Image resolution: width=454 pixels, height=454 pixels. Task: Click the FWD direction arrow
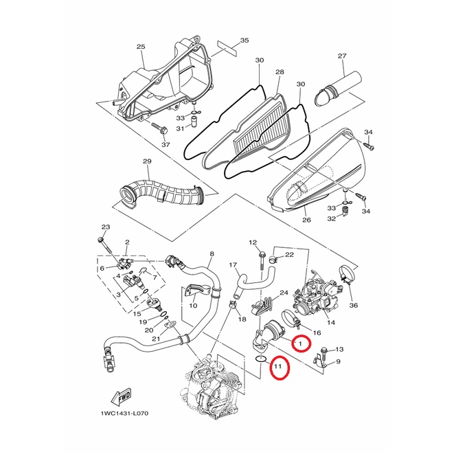pos(121,396)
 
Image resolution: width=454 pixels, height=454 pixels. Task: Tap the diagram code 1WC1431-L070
pos(124,413)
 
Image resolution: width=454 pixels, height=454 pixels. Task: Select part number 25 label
pos(141,47)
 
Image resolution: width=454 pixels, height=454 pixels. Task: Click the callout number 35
pos(245,41)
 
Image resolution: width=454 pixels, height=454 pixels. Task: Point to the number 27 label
pos(342,56)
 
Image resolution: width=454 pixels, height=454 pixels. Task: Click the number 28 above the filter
pos(280,72)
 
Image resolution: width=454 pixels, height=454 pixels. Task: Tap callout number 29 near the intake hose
pos(147,161)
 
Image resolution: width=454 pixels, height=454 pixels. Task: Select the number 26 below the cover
pos(306,220)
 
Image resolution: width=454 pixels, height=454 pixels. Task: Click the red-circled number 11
pos(277,367)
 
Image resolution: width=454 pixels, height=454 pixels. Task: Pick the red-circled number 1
pos(300,343)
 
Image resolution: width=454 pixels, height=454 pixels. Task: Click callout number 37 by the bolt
pos(166,144)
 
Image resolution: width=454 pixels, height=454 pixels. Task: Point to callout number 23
pos(106,227)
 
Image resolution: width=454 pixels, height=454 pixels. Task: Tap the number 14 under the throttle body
pos(331,322)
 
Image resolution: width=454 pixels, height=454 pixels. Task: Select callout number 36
pos(354,305)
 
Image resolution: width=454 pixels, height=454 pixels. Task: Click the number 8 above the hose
pos(212,254)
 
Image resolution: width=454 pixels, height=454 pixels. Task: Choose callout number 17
pos(233,265)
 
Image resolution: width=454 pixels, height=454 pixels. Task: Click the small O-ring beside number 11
pos(260,359)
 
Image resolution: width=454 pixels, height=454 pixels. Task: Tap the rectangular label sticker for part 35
pos(227,48)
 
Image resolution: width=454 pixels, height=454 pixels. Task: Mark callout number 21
pos(157,339)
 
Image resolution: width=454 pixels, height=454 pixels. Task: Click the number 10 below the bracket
pos(193,306)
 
